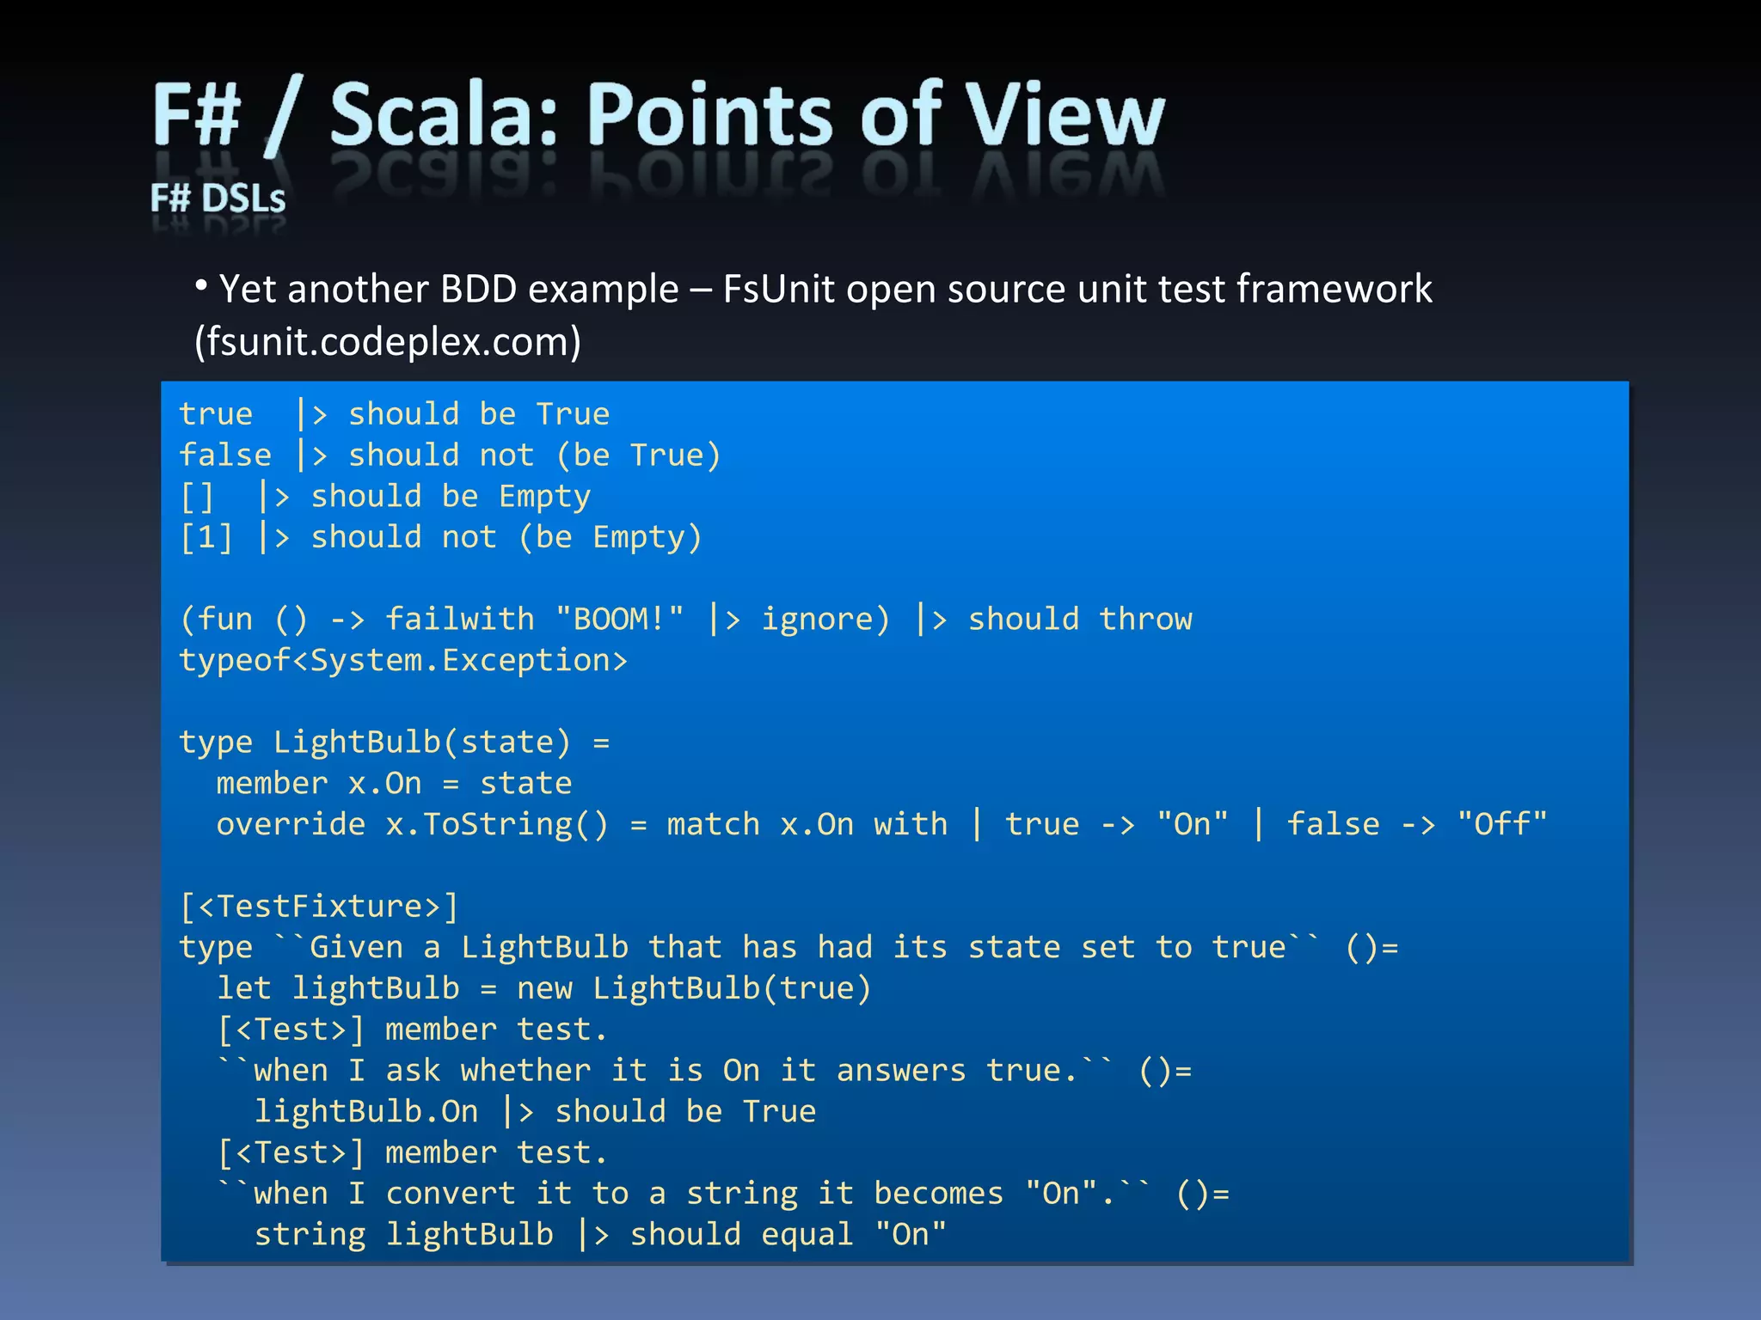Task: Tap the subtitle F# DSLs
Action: pyautogui.click(x=218, y=199)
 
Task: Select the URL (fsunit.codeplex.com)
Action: pyautogui.click(x=388, y=342)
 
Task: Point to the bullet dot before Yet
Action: pyautogui.click(x=201, y=285)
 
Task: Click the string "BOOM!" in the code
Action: pyautogui.click(x=619, y=619)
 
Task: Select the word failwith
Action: pyautogui.click(x=459, y=619)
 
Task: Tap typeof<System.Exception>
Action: pyautogui.click(x=403, y=660)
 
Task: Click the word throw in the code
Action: pyautogui.click(x=1145, y=619)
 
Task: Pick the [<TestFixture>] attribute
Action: pyautogui.click(x=319, y=906)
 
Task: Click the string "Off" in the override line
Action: pyautogui.click(x=1502, y=824)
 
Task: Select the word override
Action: pyautogui.click(x=291, y=824)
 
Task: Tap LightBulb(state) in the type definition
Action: pyautogui.click(x=421, y=742)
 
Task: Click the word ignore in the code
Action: pyautogui.click(x=825, y=619)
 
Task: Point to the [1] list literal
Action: pyautogui.click(x=206, y=537)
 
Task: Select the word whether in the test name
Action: pyautogui.click(x=525, y=1070)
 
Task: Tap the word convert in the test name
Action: pyautogui.click(x=451, y=1193)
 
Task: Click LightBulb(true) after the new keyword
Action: pyautogui.click(x=732, y=988)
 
